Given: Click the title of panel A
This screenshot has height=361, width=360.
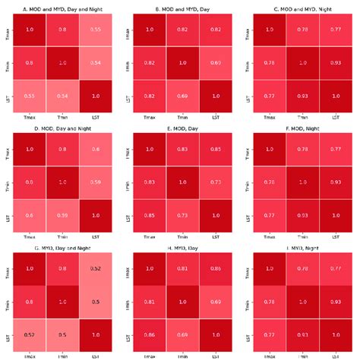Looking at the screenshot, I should pos(61,9).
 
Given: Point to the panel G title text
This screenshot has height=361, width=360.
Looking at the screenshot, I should pos(61,245).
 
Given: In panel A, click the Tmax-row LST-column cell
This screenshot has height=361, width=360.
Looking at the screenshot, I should pos(96,29).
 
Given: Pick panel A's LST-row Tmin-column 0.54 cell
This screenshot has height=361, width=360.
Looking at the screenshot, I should pos(62,97).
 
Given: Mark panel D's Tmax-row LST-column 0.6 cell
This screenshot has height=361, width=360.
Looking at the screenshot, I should pos(96,149).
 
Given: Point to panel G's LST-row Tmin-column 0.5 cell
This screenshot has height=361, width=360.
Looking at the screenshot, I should pos(62,334).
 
